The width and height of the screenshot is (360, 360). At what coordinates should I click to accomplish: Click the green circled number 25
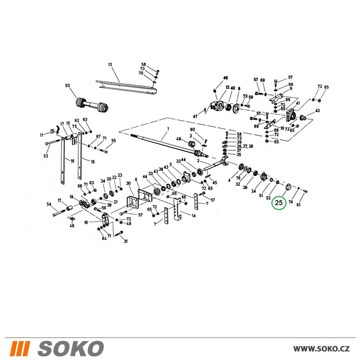pos(279,203)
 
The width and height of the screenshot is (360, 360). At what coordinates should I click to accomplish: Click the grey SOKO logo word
pos(71,348)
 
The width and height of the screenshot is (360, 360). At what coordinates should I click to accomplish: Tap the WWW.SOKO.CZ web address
pos(321,348)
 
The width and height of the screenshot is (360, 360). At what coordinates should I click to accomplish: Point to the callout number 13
pos(110,64)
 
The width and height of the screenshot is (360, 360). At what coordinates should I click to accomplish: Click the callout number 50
pos(67,86)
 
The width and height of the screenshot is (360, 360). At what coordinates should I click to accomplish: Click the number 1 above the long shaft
pos(168,129)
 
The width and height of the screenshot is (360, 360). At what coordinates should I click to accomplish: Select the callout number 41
pos(298,103)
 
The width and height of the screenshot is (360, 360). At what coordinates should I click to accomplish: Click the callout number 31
pos(126,241)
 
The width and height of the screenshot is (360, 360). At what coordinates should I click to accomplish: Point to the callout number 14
pos(194,216)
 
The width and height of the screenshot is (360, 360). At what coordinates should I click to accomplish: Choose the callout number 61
pos(298,205)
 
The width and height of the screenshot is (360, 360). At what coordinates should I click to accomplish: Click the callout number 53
pos(46,156)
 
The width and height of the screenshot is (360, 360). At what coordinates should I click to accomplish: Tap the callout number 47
pos(195,117)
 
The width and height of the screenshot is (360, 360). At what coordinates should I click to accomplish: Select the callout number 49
pos(179,139)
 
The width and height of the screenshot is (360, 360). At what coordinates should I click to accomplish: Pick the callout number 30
pos(128,183)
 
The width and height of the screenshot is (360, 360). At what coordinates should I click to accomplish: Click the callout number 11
pos(42,135)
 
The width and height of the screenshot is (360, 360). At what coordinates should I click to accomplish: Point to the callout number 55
pos(113,141)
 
